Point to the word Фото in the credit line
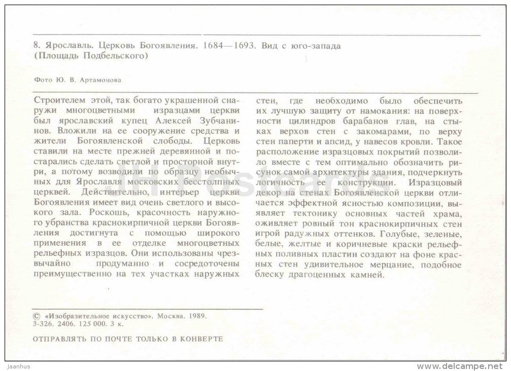41,79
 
